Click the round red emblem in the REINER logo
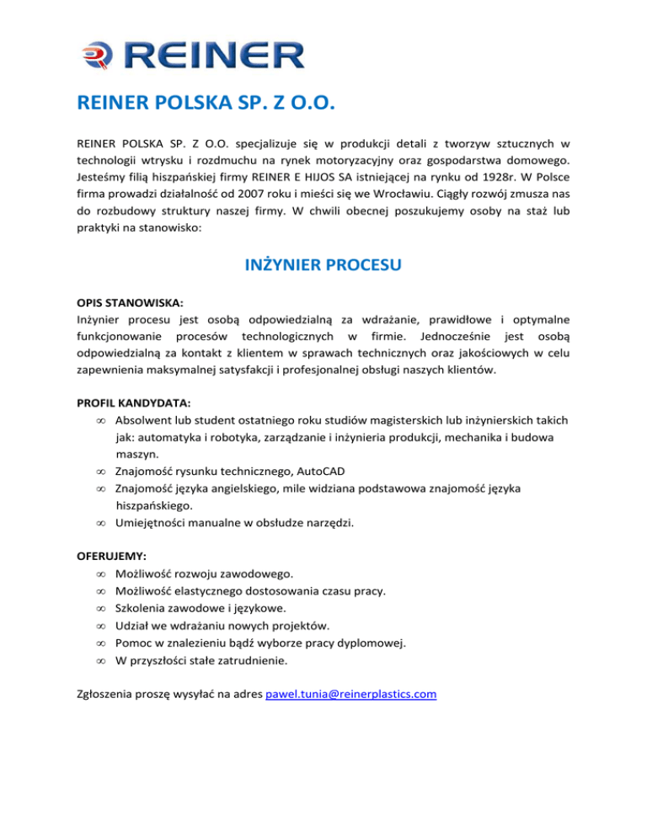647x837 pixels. (x=94, y=56)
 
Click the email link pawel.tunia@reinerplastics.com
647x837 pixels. (x=350, y=694)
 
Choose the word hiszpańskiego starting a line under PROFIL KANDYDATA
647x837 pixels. (x=152, y=505)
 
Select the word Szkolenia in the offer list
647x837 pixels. (x=140, y=608)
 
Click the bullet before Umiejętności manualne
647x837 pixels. (x=100, y=523)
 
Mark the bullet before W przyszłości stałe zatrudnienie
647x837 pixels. (x=100, y=661)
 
